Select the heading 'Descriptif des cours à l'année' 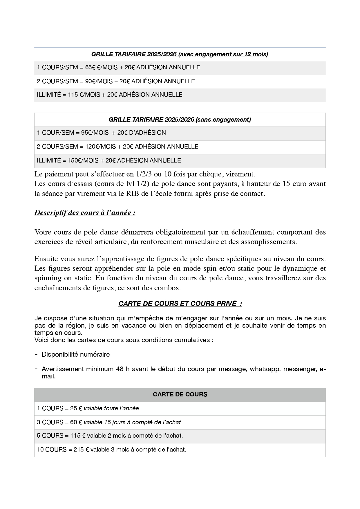click(x=85, y=213)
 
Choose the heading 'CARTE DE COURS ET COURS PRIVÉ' click(x=180, y=304)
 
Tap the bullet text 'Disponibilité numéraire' click(x=76, y=355)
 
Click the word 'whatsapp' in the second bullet click(x=265, y=369)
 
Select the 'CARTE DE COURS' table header click(x=180, y=395)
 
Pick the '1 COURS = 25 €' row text click(x=59, y=409)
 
